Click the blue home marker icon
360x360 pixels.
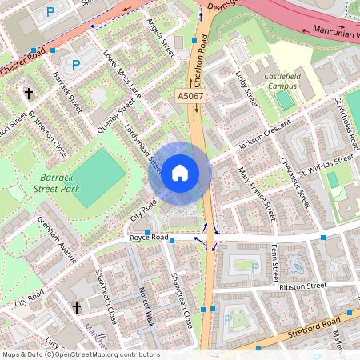[180, 173]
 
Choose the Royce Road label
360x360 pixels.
[150, 238]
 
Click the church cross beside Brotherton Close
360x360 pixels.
[30, 94]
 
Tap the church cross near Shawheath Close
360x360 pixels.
[78, 307]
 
